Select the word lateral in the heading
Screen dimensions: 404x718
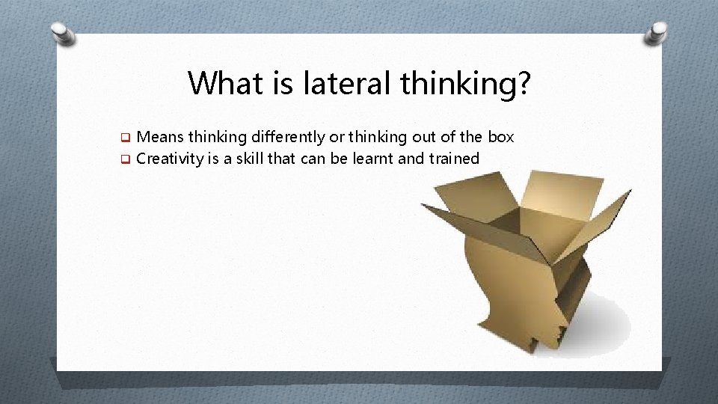click(346, 82)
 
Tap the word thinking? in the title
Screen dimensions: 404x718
click(465, 84)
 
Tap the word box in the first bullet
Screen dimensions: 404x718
click(500, 137)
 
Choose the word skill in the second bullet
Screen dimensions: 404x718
click(275, 158)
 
